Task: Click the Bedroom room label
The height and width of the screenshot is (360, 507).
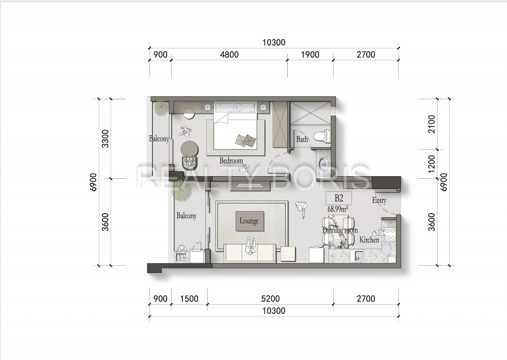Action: [231, 161]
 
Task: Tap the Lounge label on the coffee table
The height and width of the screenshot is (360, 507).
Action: [249, 221]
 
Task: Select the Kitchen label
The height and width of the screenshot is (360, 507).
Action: [369, 240]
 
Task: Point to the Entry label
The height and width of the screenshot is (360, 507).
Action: [379, 201]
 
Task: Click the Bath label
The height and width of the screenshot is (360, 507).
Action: [302, 140]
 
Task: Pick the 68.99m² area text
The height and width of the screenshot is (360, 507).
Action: [338, 209]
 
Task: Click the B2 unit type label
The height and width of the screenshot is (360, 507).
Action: [338, 198]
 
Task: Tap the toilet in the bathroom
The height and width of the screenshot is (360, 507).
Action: [322, 136]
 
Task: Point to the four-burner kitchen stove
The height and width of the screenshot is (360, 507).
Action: [389, 234]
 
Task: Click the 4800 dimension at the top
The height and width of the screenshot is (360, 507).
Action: [229, 55]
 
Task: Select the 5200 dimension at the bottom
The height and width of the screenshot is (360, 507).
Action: [270, 299]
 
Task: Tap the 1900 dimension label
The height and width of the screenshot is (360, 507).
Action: [310, 55]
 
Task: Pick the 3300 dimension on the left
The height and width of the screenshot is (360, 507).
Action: [105, 139]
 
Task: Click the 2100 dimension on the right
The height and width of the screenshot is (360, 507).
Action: [432, 124]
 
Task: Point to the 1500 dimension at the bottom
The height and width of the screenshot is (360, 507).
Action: [189, 299]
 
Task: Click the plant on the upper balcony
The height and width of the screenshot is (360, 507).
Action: [161, 107]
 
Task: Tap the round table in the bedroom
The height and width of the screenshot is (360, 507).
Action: [189, 148]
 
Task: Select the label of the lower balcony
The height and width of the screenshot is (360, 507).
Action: [186, 216]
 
